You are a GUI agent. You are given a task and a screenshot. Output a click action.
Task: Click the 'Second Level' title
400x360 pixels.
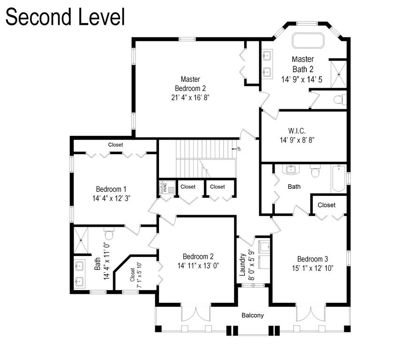click(x=65, y=17)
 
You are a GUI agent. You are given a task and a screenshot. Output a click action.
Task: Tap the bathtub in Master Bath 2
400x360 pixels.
click(x=309, y=40)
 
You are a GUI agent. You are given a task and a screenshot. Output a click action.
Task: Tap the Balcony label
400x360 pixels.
click(x=253, y=315)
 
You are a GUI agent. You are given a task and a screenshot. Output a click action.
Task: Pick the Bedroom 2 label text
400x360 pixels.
click(x=198, y=256)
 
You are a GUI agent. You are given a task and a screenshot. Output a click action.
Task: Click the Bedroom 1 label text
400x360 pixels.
click(x=111, y=189)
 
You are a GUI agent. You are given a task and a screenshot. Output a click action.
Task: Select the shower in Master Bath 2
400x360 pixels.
click(x=337, y=74)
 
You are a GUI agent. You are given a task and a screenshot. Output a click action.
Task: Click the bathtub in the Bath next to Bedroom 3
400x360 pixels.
click(x=340, y=179)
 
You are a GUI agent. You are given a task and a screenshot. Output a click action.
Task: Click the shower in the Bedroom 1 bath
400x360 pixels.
click(x=82, y=240)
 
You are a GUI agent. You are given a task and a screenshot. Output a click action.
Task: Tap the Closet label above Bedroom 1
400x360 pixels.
click(x=115, y=145)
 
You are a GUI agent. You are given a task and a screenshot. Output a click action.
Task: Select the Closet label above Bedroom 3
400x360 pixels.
click(x=326, y=205)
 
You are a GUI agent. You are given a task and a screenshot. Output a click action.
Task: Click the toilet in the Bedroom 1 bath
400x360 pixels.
click(x=109, y=234)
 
